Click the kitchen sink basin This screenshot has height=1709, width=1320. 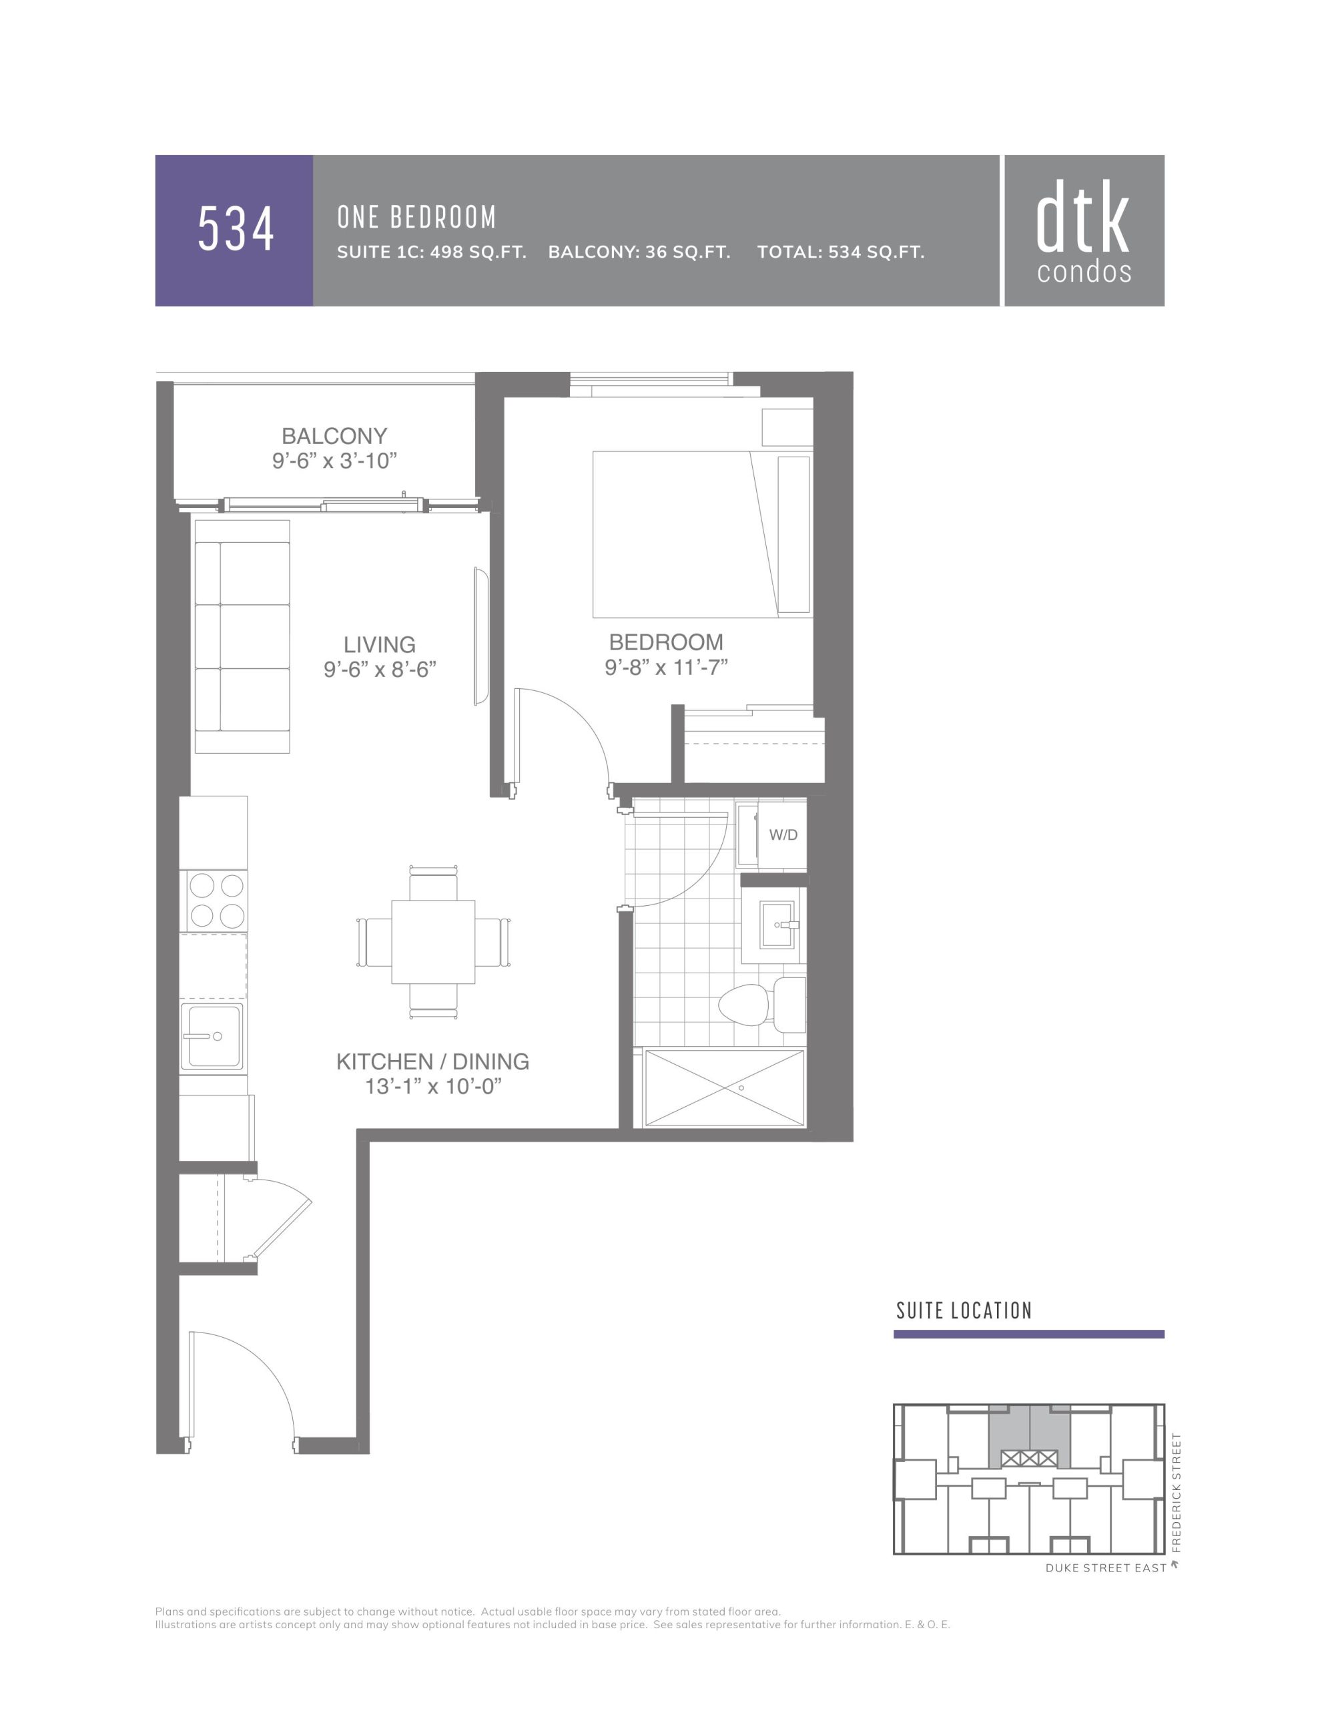212,1036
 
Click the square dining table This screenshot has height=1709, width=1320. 432,942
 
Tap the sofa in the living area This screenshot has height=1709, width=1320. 242,636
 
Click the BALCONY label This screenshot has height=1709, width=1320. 334,436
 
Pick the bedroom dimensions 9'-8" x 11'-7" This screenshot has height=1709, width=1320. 666,668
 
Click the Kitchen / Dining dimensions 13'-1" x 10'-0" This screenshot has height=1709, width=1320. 432,1087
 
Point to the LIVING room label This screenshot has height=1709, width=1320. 380,645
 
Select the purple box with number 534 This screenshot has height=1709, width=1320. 234,230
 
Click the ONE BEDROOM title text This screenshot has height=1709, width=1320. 416,218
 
